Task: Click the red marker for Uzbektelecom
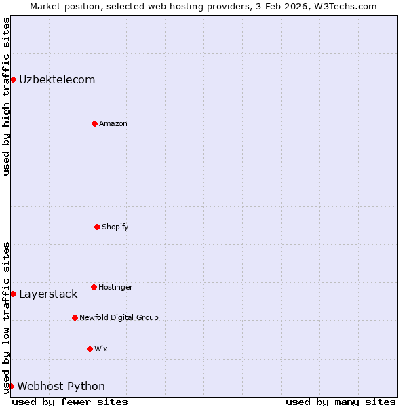13,80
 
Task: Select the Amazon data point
94,123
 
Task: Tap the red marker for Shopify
97,227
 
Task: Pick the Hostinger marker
94,287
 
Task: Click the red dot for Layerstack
13,294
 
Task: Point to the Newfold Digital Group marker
75,317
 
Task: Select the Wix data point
90,349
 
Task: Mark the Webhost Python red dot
11,386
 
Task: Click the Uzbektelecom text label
57,80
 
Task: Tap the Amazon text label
113,123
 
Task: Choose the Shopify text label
115,227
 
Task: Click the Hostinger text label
115,287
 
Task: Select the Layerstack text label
48,294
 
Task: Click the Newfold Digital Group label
119,317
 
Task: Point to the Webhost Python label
61,387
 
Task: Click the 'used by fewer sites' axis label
70,402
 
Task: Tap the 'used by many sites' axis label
341,402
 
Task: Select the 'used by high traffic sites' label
6,96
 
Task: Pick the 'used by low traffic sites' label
6,317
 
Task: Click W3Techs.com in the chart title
347,6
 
